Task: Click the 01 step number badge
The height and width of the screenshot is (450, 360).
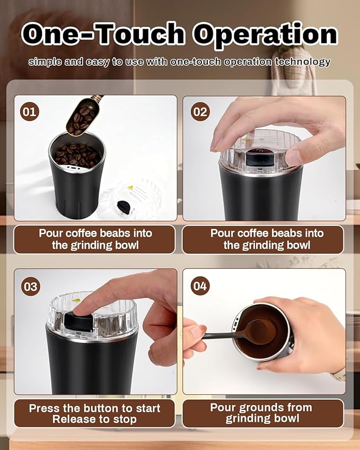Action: (30, 111)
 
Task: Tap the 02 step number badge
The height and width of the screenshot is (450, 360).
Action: (200, 112)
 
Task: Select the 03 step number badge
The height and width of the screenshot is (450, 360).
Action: (30, 286)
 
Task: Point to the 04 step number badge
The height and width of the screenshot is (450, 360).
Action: (200, 286)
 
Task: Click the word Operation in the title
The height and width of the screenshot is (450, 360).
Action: (265, 35)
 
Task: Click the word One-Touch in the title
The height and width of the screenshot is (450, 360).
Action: (104, 35)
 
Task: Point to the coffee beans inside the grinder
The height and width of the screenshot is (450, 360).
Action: (77, 154)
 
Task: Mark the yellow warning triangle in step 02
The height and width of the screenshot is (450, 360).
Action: (245, 140)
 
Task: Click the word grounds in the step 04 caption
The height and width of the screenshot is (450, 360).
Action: (259, 408)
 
